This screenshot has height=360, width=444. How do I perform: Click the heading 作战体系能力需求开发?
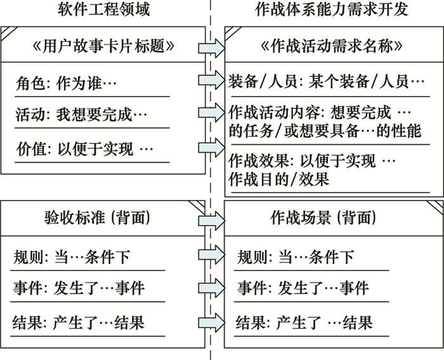coord(331,11)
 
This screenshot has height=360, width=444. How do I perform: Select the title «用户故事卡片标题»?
coord(103,46)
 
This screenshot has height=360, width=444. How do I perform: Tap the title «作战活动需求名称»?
coord(332,46)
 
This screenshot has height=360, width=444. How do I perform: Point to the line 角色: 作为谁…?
coord(67,83)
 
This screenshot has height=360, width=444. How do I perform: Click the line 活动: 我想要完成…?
coord(81,115)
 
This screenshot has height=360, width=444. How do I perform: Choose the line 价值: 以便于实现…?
coord(84,149)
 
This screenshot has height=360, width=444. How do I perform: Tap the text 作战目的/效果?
coord(279,179)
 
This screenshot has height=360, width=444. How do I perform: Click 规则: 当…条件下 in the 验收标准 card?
coord(71,257)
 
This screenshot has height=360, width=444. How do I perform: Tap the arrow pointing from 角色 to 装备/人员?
coord(211,80)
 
